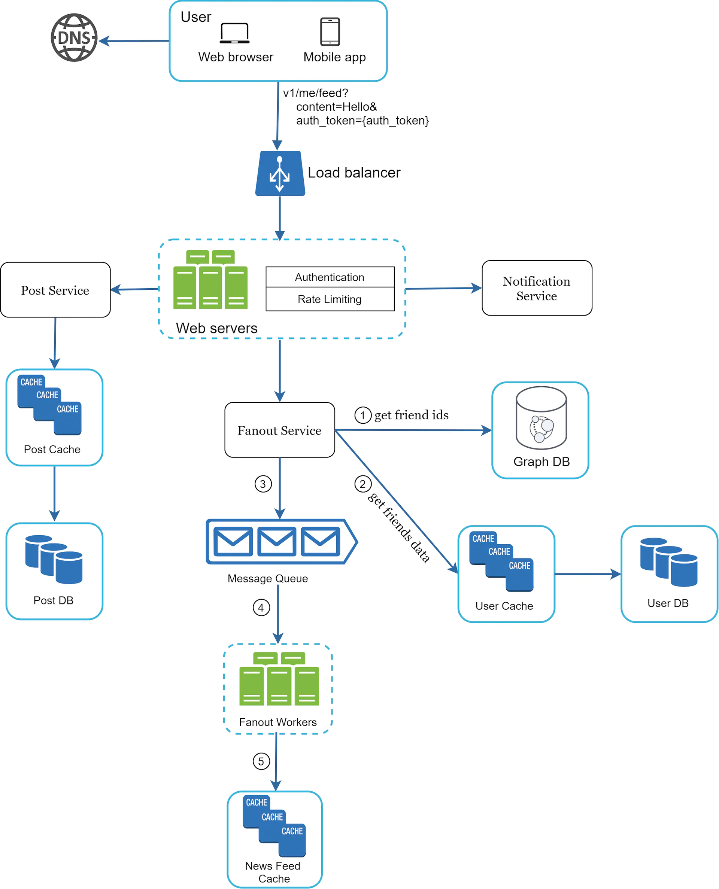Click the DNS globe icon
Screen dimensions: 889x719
74,38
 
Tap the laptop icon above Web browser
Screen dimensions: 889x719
234,33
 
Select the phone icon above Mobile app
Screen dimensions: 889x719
330,31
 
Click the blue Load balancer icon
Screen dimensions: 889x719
280,173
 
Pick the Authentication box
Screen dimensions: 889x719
330,277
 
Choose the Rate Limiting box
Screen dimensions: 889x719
330,299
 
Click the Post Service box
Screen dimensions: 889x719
55,290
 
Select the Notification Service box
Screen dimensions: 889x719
537,288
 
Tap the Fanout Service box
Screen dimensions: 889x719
280,430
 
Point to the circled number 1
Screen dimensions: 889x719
363,415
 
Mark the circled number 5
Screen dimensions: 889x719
261,761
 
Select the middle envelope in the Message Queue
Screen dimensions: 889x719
277,541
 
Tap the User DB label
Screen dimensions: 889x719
668,603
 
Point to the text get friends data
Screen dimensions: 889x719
398,527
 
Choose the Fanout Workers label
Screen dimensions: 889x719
277,722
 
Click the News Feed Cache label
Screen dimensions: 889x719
273,872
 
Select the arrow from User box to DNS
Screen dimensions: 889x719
134,41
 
